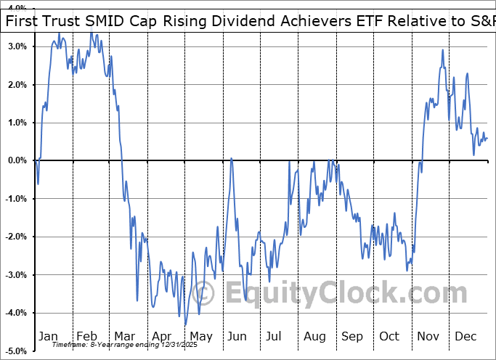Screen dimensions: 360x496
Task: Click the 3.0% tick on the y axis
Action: tap(17, 46)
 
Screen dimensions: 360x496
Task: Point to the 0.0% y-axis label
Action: tap(17, 160)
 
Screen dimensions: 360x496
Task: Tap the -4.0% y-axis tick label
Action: tap(16, 313)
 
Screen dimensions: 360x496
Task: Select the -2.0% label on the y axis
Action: tap(16, 237)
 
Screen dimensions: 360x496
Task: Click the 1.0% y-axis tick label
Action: tap(17, 123)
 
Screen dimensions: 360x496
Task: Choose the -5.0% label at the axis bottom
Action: tap(16, 351)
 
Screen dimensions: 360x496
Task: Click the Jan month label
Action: tap(48, 336)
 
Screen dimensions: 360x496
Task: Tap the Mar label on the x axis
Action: tap(123, 336)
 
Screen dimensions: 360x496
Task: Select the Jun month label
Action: tap(237, 336)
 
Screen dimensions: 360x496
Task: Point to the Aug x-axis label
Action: tap(314, 336)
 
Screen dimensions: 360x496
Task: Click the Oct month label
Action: tap(389, 336)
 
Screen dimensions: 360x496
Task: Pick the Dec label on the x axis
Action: tap(465, 336)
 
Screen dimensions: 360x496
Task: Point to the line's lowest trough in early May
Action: tap(185, 324)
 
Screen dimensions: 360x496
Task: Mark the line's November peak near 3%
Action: tap(443, 50)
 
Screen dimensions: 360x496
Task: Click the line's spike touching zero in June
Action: tap(232, 159)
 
